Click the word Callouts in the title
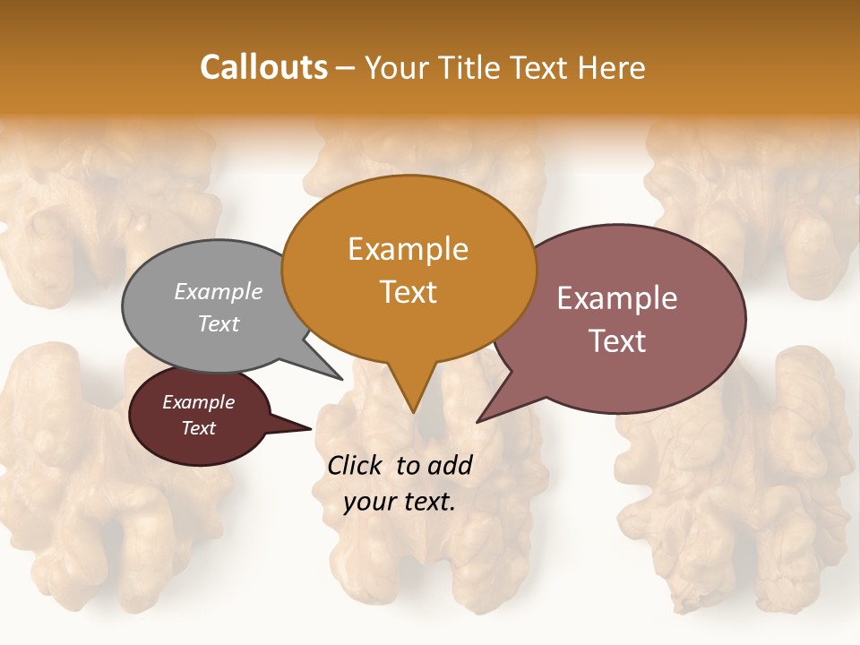point(263,67)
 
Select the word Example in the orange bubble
point(408,249)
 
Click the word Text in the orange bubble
point(408,292)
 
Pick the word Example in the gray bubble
point(219,291)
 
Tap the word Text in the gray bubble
point(219,323)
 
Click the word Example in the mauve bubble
point(617,298)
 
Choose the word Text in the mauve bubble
point(617,341)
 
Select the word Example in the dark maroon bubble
point(198,402)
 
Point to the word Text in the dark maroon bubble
point(198,428)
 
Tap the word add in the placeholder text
point(451,465)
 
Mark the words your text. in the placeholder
point(400,502)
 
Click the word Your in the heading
point(395,67)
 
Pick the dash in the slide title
point(347,68)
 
